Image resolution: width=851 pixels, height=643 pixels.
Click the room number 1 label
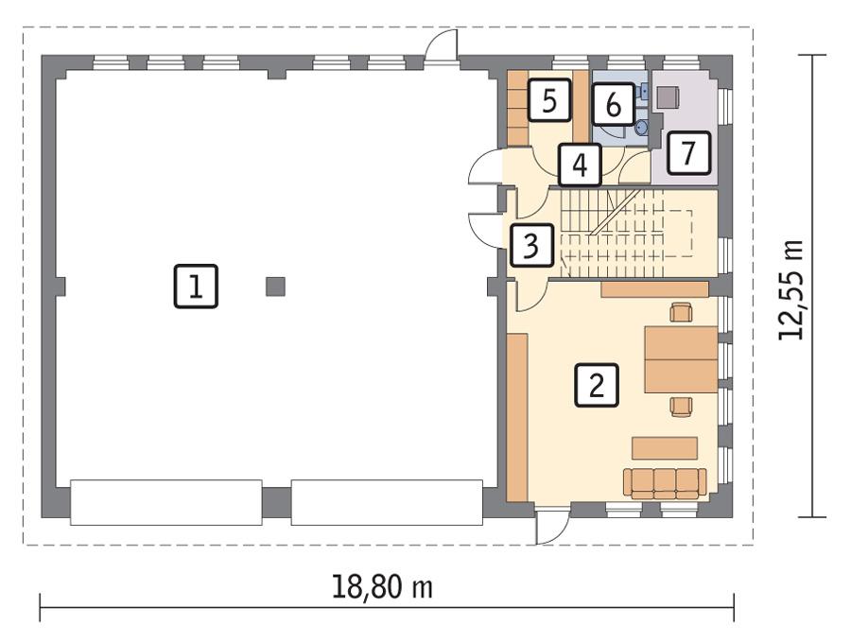pos(196,287)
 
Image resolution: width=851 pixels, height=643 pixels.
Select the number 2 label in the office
pos(597,385)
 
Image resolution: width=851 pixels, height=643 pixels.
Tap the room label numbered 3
pos(531,247)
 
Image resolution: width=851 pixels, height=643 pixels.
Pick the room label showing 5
pos(549,99)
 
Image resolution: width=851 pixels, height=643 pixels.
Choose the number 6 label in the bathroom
pos(613,104)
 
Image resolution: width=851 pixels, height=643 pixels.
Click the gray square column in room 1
pos(275,286)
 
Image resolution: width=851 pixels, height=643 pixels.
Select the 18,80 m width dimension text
pos(382,587)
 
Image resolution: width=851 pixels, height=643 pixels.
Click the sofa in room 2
pos(665,482)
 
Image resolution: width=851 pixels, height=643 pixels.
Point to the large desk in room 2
pos(680,359)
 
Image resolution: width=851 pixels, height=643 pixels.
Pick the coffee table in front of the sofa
pos(665,447)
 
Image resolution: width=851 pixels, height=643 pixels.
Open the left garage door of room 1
pos(166,502)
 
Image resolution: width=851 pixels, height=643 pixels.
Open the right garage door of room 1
pos(386,502)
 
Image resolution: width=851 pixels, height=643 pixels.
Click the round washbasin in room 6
pos(642,126)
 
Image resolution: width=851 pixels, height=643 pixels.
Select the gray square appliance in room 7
pos(669,97)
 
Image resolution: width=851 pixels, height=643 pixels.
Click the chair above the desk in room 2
pos(680,311)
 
